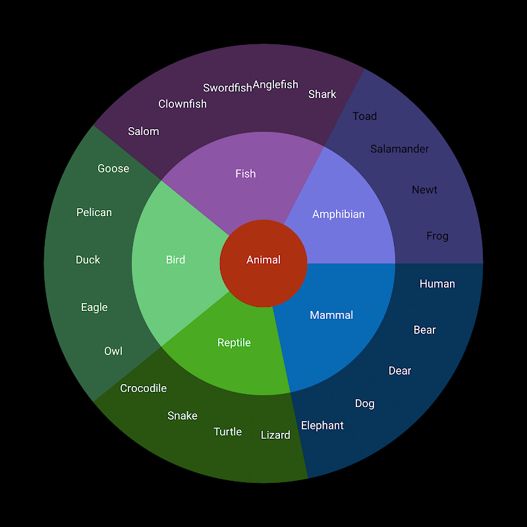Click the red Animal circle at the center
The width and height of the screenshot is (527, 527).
263,260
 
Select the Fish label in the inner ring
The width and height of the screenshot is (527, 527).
245,174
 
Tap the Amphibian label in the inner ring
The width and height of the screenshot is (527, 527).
339,214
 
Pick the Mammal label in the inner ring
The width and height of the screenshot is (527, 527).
331,316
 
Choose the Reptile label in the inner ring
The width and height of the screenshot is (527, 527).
234,343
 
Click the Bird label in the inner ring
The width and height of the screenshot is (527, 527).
175,260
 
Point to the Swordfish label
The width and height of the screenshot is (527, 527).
227,88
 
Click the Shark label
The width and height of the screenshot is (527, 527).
322,94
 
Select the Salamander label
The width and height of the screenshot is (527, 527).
399,149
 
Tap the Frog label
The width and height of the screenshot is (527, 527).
437,236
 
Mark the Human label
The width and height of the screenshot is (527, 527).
437,284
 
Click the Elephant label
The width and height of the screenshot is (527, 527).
322,426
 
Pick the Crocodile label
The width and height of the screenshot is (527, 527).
143,389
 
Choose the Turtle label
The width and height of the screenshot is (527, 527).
227,432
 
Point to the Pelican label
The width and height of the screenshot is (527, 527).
94,212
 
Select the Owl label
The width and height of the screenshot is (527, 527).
113,351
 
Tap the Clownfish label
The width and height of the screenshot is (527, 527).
182,104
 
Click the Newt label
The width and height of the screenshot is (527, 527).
424,190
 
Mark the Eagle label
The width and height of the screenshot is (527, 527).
94,307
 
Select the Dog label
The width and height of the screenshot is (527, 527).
364,403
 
